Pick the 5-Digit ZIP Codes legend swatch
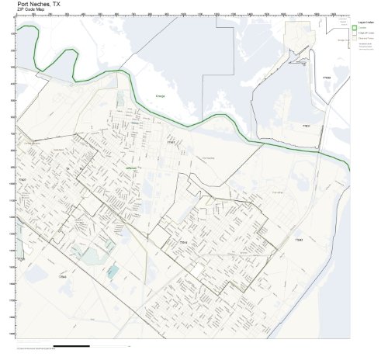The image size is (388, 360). (355, 34)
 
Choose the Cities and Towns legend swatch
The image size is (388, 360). (355, 40)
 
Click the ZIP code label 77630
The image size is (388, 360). (326, 78)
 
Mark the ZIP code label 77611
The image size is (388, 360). (306, 126)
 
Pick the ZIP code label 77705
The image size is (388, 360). (21, 259)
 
